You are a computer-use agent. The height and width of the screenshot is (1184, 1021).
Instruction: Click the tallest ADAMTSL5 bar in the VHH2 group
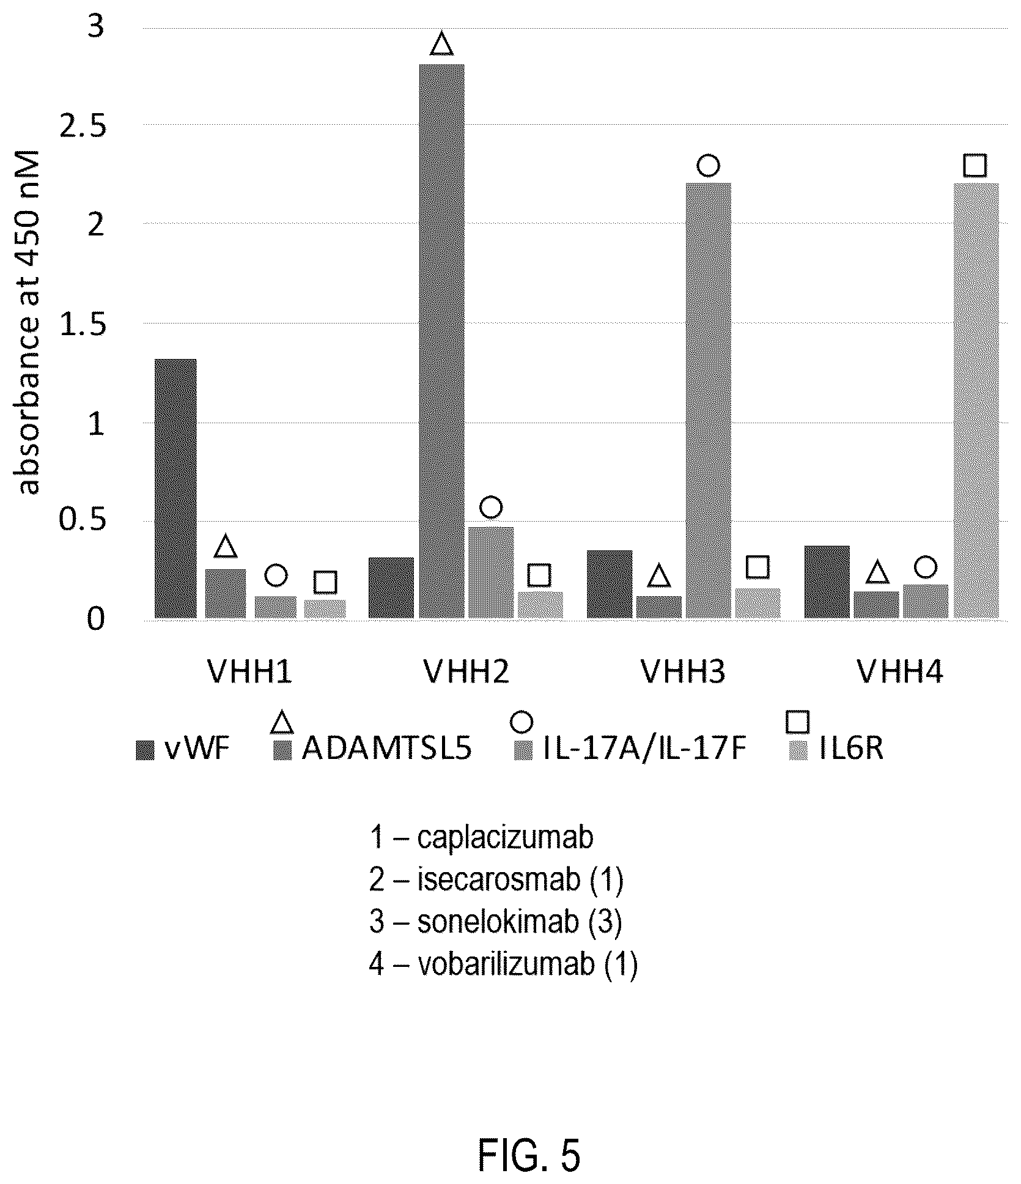[x=441, y=341]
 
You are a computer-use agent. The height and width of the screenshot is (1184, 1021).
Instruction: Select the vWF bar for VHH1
[x=175, y=489]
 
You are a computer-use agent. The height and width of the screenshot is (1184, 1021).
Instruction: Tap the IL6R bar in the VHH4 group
[x=976, y=401]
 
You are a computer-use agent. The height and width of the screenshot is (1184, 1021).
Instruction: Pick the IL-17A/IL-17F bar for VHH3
[x=708, y=401]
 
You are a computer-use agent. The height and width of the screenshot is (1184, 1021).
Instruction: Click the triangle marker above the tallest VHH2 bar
[x=441, y=45]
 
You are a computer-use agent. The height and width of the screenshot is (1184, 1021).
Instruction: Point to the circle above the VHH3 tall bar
[x=708, y=165]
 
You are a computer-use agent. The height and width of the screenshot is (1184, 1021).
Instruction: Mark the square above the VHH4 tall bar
[x=975, y=165]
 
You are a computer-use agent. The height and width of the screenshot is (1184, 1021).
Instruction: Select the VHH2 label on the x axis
[x=466, y=672]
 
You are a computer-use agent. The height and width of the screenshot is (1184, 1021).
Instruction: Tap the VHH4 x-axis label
[x=900, y=672]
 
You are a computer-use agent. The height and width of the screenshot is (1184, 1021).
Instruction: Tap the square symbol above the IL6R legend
[x=798, y=722]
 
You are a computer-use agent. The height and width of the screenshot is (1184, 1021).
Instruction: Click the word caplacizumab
[x=505, y=837]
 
